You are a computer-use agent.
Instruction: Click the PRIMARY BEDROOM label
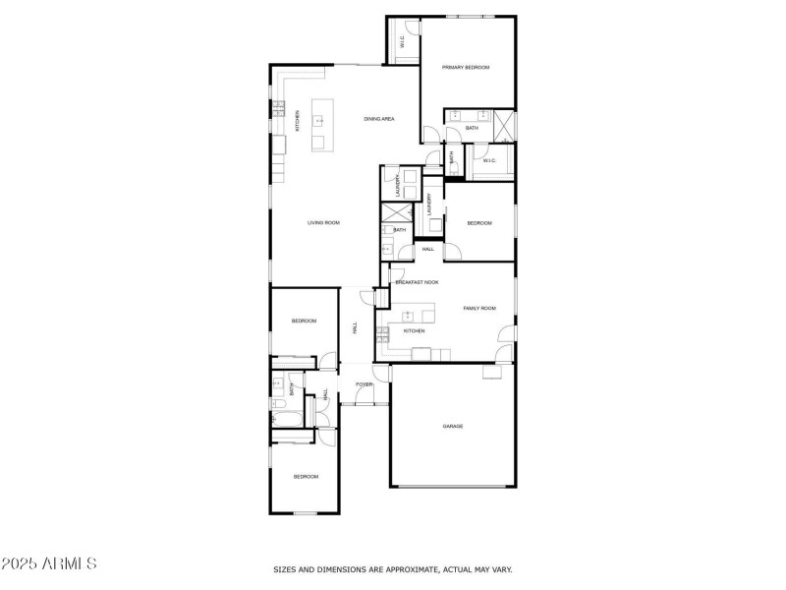(465, 67)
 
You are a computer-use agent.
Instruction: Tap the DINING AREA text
(378, 119)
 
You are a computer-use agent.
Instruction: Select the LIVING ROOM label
(323, 223)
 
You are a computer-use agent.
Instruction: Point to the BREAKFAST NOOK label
(417, 282)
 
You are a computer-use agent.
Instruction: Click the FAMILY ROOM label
(479, 309)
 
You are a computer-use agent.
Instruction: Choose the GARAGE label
(452, 426)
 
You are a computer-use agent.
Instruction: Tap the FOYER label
(364, 383)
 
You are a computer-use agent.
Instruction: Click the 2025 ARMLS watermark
(49, 564)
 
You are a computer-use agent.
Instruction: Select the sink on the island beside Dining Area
(318, 121)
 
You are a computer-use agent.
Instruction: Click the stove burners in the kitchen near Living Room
(279, 104)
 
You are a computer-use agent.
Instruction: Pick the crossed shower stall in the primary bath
(504, 125)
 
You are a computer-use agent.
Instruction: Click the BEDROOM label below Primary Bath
(478, 223)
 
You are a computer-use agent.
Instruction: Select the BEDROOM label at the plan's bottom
(306, 477)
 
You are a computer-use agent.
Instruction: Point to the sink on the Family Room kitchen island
(407, 317)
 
